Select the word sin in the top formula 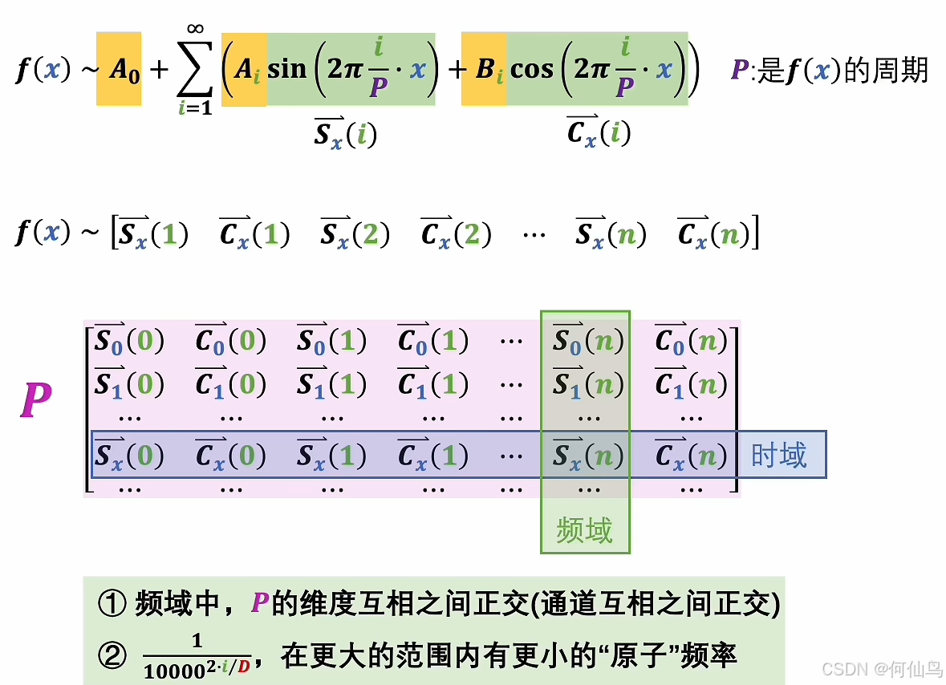287,69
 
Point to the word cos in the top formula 532,69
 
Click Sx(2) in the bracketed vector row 355,233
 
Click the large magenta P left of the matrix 36,401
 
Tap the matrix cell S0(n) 587,342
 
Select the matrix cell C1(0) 229,385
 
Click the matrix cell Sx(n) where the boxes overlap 587,455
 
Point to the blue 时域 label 778,455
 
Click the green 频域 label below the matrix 585,531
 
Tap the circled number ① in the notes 112,603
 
